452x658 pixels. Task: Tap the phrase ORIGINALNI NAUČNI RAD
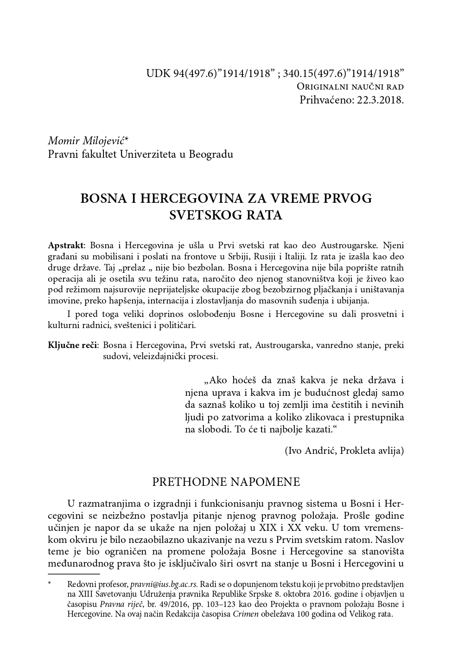(x=350, y=87)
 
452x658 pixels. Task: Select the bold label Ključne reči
(x=73, y=345)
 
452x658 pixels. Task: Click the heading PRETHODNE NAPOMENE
(x=226, y=482)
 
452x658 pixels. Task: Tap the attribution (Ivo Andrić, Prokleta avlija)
(x=344, y=450)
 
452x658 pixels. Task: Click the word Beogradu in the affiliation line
(x=211, y=154)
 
